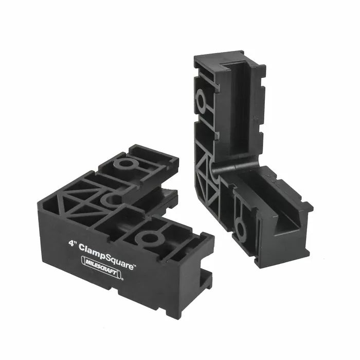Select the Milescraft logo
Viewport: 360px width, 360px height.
pyautogui.click(x=101, y=265)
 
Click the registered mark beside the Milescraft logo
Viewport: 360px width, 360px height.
pyautogui.click(x=122, y=279)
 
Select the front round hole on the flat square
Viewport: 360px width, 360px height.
pyautogui.click(x=150, y=238)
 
